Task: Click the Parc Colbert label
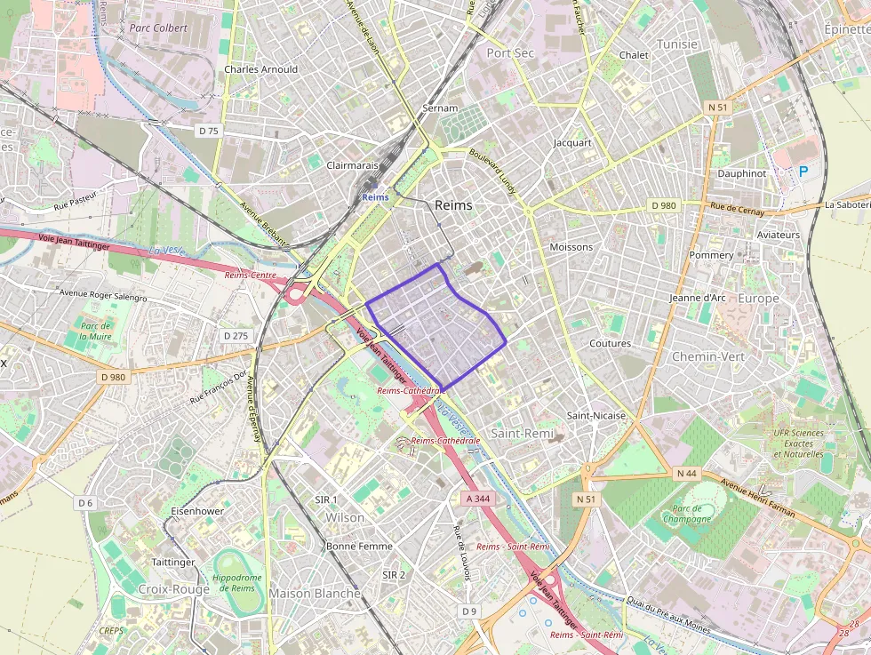158,28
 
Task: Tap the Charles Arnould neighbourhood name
260,69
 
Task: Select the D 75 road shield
208,131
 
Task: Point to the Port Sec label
510,53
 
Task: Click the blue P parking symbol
803,171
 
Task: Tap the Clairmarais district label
352,165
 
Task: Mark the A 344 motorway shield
477,499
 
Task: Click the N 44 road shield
687,472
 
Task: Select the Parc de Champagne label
686,514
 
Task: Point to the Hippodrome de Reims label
236,583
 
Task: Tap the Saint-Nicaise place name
596,416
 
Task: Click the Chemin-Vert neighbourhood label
707,356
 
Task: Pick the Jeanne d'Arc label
698,298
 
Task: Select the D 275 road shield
236,336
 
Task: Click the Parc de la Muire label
94,331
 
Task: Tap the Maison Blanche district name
315,593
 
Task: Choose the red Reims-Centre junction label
251,276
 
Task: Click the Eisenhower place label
197,512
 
